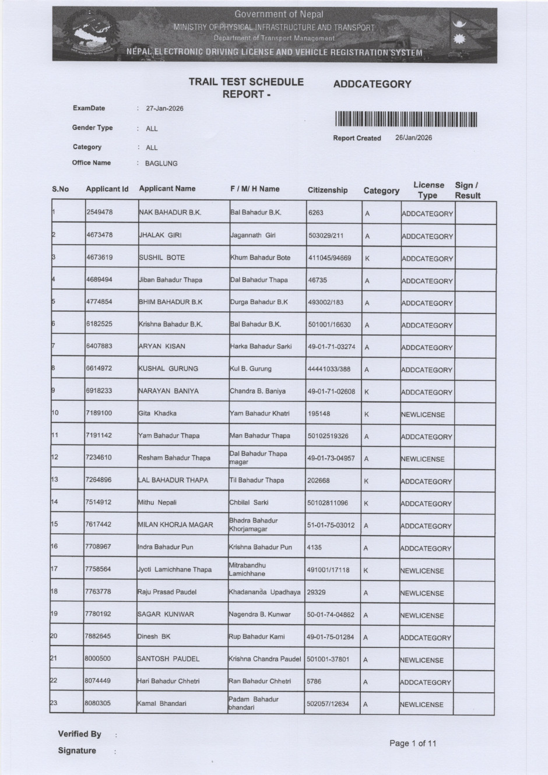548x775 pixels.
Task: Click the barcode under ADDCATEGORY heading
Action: click(406, 119)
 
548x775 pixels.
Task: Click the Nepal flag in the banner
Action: click(464, 34)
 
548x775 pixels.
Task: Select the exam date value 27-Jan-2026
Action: click(164, 108)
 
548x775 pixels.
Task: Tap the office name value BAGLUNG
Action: click(161, 164)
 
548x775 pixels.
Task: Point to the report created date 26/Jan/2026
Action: click(413, 138)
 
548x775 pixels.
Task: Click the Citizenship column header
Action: click(327, 190)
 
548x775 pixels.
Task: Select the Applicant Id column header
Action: click(107, 189)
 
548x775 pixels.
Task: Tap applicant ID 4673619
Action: click(99, 257)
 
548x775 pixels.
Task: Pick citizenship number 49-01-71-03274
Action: click(331, 347)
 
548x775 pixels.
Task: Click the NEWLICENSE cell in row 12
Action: click(423, 459)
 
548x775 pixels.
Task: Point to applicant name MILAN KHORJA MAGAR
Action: click(175, 525)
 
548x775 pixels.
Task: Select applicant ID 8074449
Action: click(97, 681)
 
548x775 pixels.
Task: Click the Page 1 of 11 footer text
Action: click(412, 743)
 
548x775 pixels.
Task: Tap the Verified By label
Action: click(79, 734)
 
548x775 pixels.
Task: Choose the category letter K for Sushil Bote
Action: click(367, 258)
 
